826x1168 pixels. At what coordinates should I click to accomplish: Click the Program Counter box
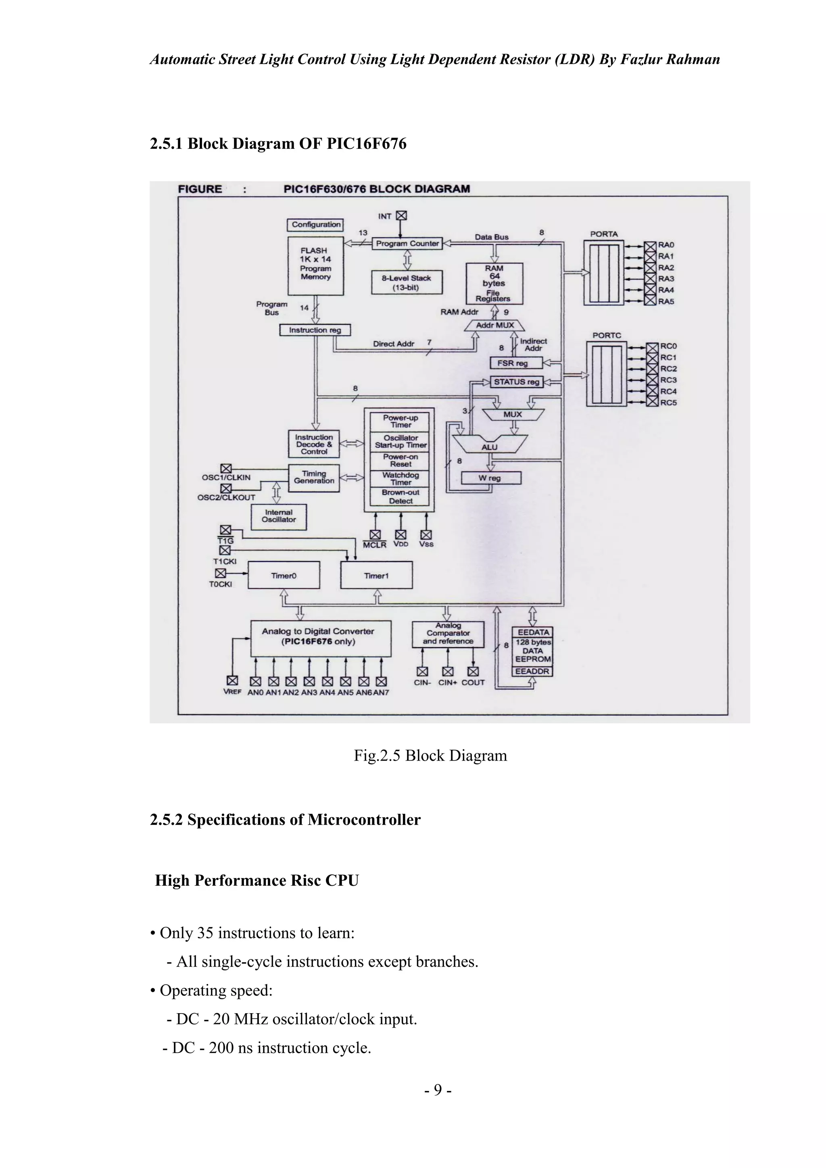[407, 244]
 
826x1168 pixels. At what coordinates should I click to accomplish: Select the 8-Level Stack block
[407, 282]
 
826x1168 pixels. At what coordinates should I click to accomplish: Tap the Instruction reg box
[315, 330]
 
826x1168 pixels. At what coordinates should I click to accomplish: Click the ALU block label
[489, 447]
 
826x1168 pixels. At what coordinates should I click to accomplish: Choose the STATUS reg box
[516, 382]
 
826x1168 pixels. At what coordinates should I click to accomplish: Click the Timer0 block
[284, 576]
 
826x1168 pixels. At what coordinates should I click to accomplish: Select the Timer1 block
[376, 576]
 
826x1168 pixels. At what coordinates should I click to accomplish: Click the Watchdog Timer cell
[401, 479]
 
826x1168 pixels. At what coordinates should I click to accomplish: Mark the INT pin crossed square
[401, 216]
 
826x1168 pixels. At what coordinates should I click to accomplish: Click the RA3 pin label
[666, 279]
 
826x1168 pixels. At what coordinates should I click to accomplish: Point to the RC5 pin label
[668, 403]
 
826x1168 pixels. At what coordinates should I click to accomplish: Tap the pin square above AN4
[327, 681]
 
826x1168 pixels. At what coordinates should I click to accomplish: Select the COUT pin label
[473, 683]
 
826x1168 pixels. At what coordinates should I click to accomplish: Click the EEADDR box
[532, 672]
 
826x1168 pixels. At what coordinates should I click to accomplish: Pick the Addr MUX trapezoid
[495, 325]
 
